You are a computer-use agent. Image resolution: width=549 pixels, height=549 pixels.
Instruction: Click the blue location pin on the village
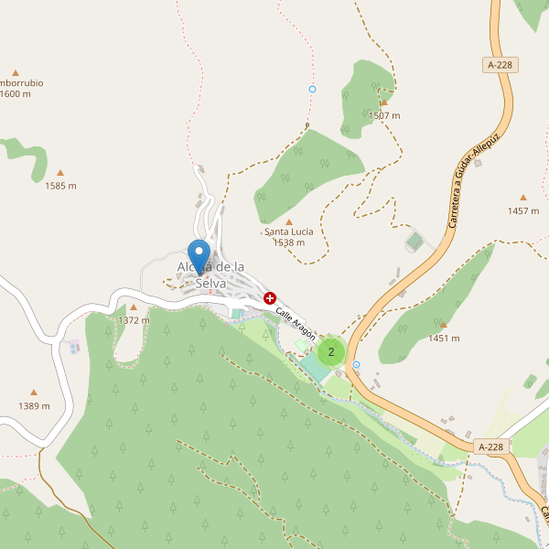tap(199, 253)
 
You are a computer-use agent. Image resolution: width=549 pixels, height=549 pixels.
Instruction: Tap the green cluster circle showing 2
tap(331, 351)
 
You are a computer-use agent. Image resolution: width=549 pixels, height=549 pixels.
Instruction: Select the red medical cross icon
tap(270, 298)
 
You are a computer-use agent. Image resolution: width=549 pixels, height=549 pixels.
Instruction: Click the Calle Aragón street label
tap(296, 322)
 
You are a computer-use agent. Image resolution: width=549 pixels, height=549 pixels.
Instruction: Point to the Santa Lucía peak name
tap(289, 231)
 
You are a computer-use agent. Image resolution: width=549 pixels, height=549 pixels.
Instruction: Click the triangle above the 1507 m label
tap(383, 103)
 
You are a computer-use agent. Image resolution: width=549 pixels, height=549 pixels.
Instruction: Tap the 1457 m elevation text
tap(523, 210)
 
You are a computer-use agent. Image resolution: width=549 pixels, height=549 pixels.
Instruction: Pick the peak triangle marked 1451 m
tap(443, 325)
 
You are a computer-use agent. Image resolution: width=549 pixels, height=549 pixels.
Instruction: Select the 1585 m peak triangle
tap(60, 172)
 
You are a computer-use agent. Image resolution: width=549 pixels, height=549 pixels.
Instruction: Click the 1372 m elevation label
tap(134, 320)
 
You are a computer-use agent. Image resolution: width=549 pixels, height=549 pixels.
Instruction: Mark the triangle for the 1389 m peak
tap(34, 393)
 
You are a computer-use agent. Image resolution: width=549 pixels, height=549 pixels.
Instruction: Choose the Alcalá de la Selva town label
tap(210, 274)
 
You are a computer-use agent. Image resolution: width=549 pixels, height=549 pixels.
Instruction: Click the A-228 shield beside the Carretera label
tap(499, 65)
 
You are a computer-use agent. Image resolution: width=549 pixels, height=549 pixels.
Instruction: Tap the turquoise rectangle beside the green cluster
tap(314, 369)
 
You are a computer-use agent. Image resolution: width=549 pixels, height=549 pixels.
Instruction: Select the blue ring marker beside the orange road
tap(356, 364)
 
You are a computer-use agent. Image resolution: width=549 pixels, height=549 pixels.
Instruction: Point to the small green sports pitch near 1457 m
tap(414, 242)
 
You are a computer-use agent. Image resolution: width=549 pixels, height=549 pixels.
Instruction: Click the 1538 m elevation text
tap(289, 242)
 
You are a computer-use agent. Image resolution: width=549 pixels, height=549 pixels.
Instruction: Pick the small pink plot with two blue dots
tap(73, 347)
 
